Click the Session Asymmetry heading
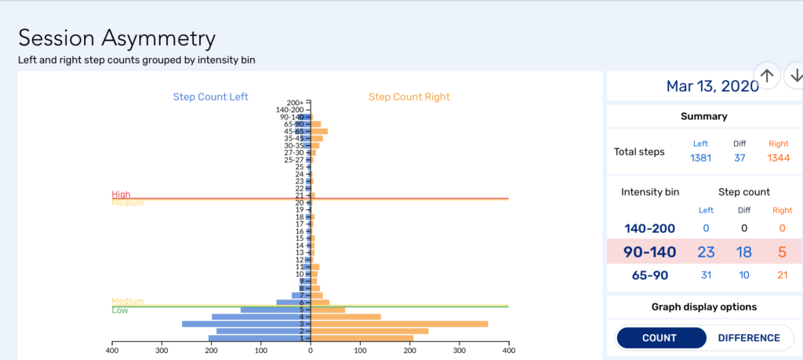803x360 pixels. click(117, 38)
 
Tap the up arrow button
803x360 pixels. click(768, 75)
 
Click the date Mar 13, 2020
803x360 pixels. click(712, 85)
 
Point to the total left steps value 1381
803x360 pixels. click(699, 158)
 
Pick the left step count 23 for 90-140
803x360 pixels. click(706, 252)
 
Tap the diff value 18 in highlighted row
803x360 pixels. click(744, 252)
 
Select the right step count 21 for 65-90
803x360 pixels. click(783, 275)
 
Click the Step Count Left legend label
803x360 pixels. click(210, 97)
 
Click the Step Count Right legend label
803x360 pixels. click(409, 97)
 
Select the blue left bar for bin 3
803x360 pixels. click(246, 324)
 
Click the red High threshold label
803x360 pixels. click(121, 194)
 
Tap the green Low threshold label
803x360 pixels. click(120, 311)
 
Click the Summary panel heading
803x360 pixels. click(703, 116)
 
